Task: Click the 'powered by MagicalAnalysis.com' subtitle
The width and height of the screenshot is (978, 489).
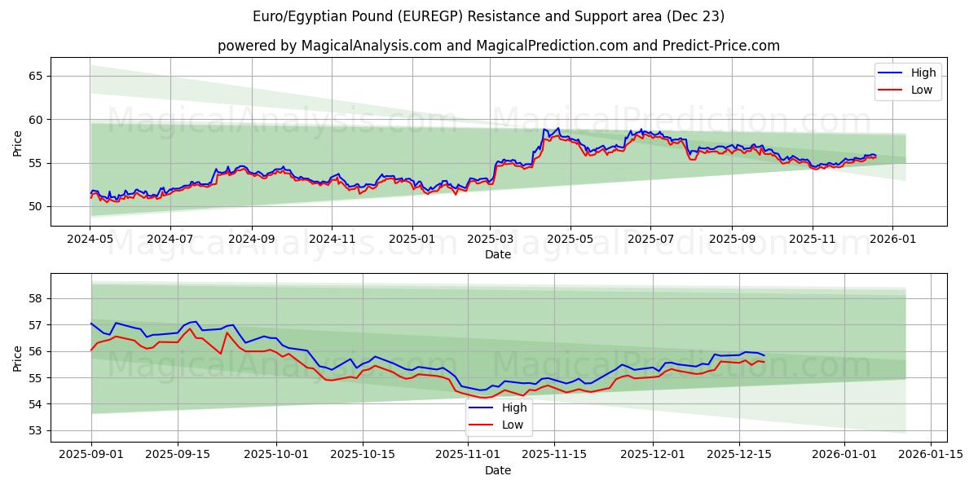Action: [x=498, y=46]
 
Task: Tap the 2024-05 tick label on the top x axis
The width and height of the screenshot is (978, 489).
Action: [x=90, y=240]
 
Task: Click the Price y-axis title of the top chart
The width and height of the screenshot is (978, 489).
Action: [x=18, y=143]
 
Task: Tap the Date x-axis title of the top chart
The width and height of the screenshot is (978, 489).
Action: [x=498, y=254]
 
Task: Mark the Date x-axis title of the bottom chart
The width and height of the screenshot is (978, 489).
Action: [x=498, y=470]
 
